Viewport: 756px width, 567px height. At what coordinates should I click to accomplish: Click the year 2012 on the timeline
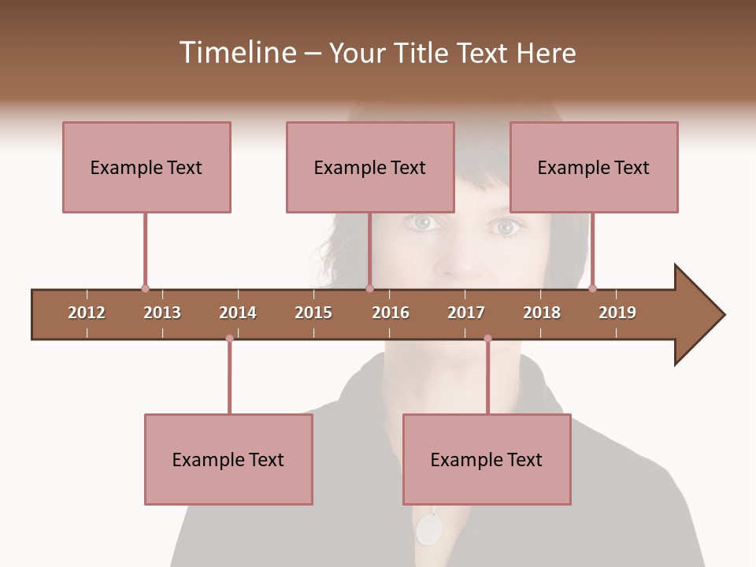pyautogui.click(x=87, y=313)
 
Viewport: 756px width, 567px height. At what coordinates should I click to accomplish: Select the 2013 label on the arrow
pyautogui.click(x=162, y=313)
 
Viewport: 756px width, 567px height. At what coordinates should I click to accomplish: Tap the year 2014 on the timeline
pyautogui.click(x=238, y=313)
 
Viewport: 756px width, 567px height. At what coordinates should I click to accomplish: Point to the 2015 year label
pyautogui.click(x=313, y=313)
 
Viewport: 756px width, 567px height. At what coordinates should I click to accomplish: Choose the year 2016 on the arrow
pyautogui.click(x=391, y=313)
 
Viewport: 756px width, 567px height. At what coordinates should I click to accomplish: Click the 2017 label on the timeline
pyautogui.click(x=466, y=313)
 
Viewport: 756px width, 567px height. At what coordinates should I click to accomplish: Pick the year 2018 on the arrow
pyautogui.click(x=542, y=313)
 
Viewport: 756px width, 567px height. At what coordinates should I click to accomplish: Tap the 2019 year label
pyautogui.click(x=617, y=313)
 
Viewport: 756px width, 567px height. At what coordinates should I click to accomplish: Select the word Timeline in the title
pyautogui.click(x=236, y=53)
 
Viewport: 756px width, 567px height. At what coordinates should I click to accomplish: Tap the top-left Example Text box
pyautogui.click(x=146, y=167)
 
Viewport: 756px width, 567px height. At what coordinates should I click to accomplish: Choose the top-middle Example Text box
pyautogui.click(x=370, y=167)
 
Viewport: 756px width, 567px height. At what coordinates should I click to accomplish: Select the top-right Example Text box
pyautogui.click(x=594, y=167)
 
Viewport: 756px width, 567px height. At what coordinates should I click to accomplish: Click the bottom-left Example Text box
pyautogui.click(x=228, y=459)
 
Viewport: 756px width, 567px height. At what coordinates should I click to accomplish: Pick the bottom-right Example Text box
pyautogui.click(x=487, y=459)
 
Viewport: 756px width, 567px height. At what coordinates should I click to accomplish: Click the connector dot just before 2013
pyautogui.click(x=145, y=289)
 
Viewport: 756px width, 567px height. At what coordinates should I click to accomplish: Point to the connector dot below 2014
pyautogui.click(x=229, y=339)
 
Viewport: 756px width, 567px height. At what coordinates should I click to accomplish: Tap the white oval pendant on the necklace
pyautogui.click(x=429, y=529)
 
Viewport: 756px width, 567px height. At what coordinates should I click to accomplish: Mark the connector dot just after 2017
pyautogui.click(x=487, y=339)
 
